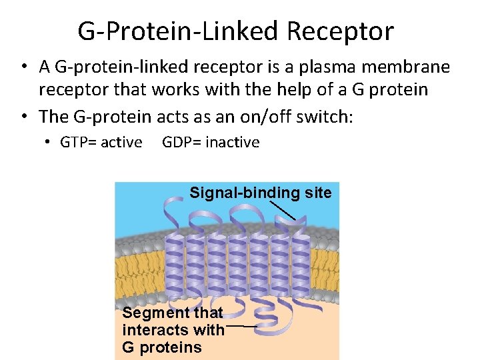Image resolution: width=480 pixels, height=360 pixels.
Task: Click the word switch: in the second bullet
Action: click(x=329, y=117)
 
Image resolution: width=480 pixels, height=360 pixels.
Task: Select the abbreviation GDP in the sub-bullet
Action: click(x=176, y=142)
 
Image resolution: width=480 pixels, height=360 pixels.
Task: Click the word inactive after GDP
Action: click(x=233, y=142)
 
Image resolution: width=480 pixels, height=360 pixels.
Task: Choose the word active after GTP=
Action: click(x=120, y=142)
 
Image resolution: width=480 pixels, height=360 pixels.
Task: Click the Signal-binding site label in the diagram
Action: click(x=260, y=193)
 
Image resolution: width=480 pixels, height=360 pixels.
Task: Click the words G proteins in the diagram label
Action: click(x=161, y=347)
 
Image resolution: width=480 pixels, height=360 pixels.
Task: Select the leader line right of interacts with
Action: click(x=242, y=327)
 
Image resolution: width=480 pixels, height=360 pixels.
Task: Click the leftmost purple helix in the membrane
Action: click(x=173, y=263)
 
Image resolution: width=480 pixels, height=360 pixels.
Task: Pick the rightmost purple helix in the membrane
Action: click(x=301, y=263)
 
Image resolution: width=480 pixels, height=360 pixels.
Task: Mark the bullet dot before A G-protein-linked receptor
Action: click(x=24, y=67)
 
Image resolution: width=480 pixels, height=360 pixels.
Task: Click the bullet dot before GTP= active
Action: click(x=49, y=143)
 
